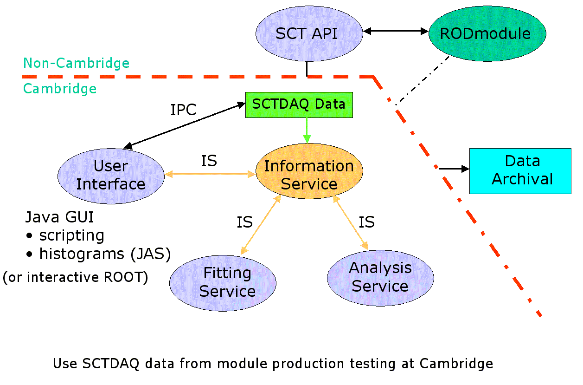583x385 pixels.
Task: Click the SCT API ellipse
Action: click(309, 33)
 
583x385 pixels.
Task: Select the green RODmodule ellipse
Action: click(487, 33)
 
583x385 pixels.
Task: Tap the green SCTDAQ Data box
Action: click(299, 105)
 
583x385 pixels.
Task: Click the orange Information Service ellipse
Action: click(309, 171)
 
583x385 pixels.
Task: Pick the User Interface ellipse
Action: click(111, 176)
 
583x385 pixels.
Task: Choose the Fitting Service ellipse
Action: click(223, 283)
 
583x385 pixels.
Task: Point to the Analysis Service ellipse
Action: click(380, 278)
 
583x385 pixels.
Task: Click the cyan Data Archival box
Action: click(520, 171)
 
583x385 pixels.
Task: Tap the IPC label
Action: click(183, 110)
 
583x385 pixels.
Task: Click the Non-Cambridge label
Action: click(77, 63)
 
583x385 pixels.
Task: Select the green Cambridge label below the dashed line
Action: click(60, 89)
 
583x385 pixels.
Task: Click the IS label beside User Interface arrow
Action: click(209, 161)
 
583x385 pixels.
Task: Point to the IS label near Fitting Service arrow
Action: click(244, 222)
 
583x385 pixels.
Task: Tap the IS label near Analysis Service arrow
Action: click(367, 222)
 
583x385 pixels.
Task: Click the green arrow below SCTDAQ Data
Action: click(307, 131)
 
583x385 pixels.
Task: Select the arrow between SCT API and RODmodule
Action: click(396, 31)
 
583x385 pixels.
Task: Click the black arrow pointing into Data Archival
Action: click(454, 169)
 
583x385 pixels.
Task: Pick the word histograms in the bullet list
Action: click(82, 254)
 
